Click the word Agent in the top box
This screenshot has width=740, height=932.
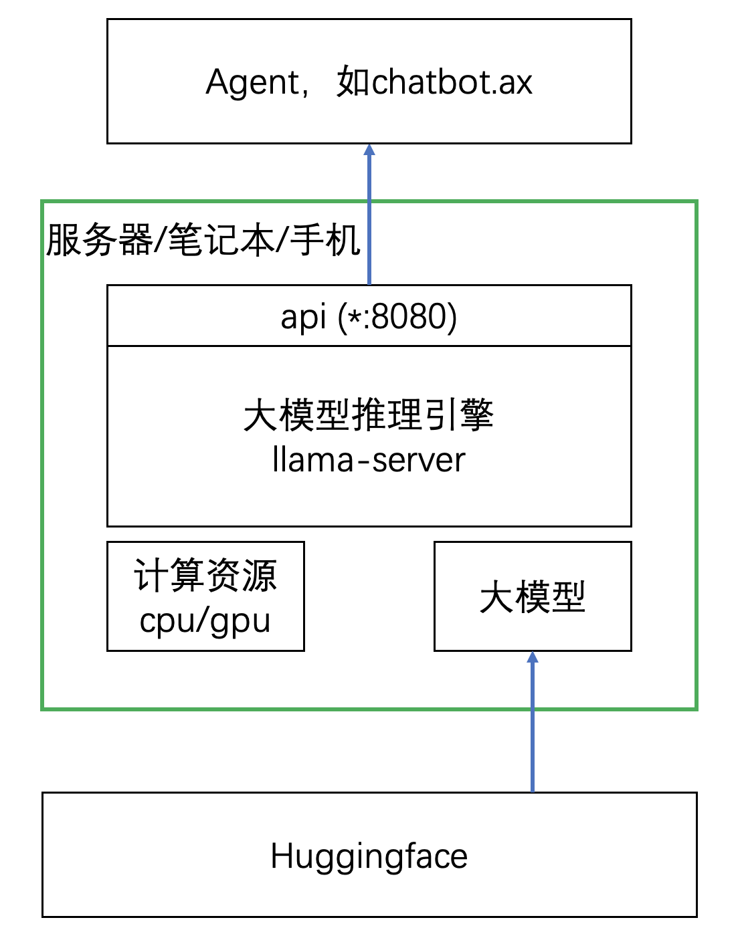[253, 83]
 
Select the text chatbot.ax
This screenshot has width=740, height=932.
[452, 82]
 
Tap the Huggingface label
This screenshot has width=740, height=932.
[369, 856]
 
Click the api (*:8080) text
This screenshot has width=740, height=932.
[369, 316]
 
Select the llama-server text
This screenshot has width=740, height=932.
[369, 460]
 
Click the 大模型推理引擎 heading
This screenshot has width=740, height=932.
[369, 415]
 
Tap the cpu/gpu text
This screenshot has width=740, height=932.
[205, 620]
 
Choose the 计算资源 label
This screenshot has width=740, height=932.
[205, 575]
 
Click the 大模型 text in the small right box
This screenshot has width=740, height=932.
[533, 597]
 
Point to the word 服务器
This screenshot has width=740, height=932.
[99, 240]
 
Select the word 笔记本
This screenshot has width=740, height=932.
[221, 240]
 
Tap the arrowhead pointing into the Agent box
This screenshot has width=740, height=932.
[369, 149]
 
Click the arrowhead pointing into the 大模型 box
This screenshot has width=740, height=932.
[533, 657]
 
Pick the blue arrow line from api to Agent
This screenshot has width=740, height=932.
[369, 221]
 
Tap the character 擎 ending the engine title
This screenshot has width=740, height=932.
[476, 415]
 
